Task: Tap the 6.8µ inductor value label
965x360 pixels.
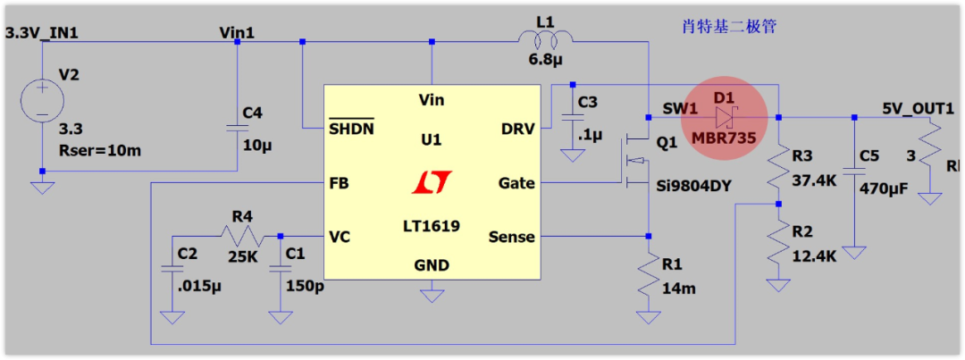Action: [546, 62]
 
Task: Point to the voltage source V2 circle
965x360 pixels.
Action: [42, 99]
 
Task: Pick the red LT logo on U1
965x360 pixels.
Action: [432, 182]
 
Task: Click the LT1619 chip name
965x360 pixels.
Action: [431, 226]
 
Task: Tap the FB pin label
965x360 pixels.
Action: [339, 183]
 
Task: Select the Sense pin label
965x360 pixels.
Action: [511, 237]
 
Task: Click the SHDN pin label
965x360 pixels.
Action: [351, 129]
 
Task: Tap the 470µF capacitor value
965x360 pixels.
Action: [884, 188]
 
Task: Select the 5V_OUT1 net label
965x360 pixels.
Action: [919, 108]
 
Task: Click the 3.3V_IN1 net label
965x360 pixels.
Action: [43, 33]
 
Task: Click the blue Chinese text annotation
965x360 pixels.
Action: [724, 27]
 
